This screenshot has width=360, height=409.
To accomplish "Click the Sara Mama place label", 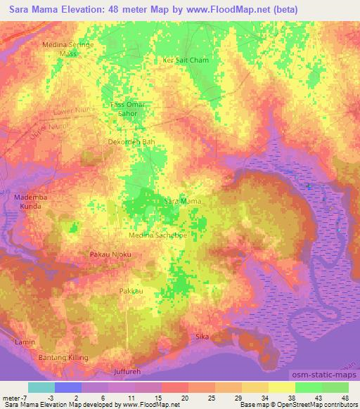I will coord(182,202).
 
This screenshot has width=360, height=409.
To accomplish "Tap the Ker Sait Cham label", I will coord(186,60).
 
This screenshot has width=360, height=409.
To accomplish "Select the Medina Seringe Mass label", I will coord(68,48).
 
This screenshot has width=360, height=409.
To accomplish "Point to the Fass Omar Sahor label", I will coord(129,108).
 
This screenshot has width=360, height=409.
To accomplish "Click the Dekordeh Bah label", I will coord(131,141).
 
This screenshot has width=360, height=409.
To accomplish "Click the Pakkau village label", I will coord(131,290).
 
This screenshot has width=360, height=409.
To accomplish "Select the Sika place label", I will coord(202,337).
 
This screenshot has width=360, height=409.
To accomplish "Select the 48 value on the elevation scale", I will coord(345,397).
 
